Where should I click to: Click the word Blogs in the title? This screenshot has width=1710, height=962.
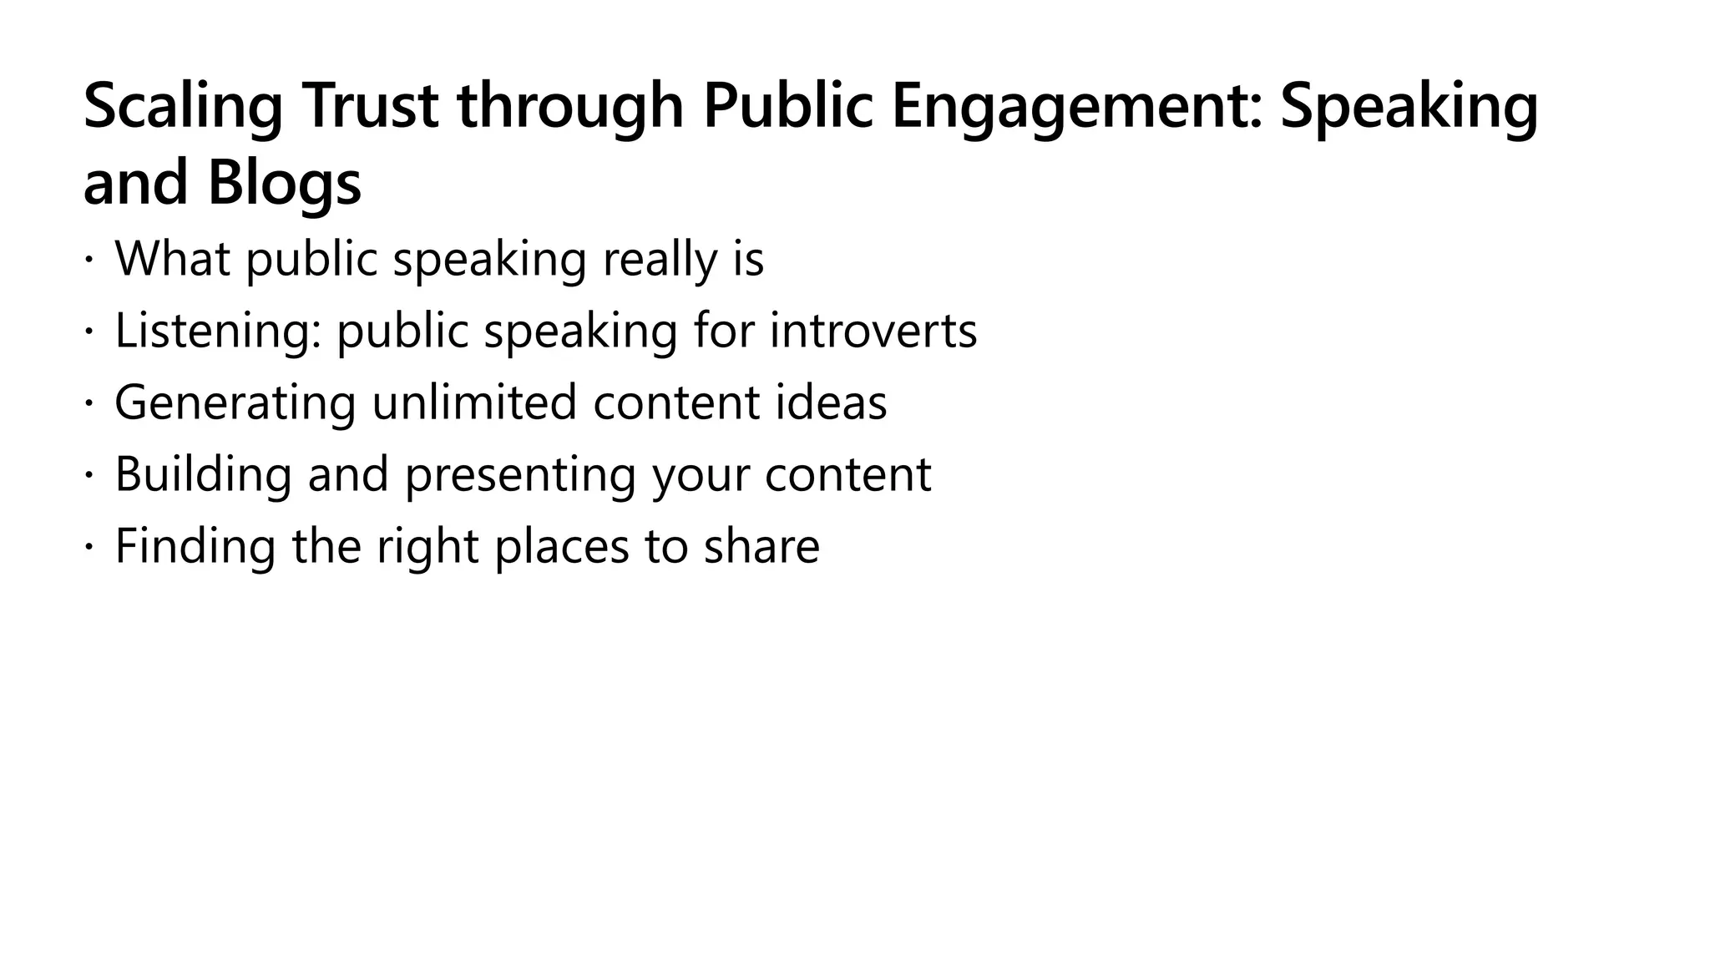pyautogui.click(x=284, y=184)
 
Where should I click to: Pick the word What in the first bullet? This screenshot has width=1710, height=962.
pyautogui.click(x=172, y=259)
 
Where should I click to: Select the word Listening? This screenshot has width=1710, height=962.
pyautogui.click(x=218, y=331)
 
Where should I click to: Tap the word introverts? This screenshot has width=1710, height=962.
pyautogui.click(x=873, y=331)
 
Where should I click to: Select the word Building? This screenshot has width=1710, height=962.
pyautogui.click(x=203, y=474)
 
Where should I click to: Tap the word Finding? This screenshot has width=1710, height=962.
pyautogui.click(x=195, y=546)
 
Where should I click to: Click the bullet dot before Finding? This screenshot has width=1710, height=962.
pyautogui.click(x=88, y=547)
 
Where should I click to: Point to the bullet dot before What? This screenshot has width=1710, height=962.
pyautogui.click(x=88, y=260)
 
